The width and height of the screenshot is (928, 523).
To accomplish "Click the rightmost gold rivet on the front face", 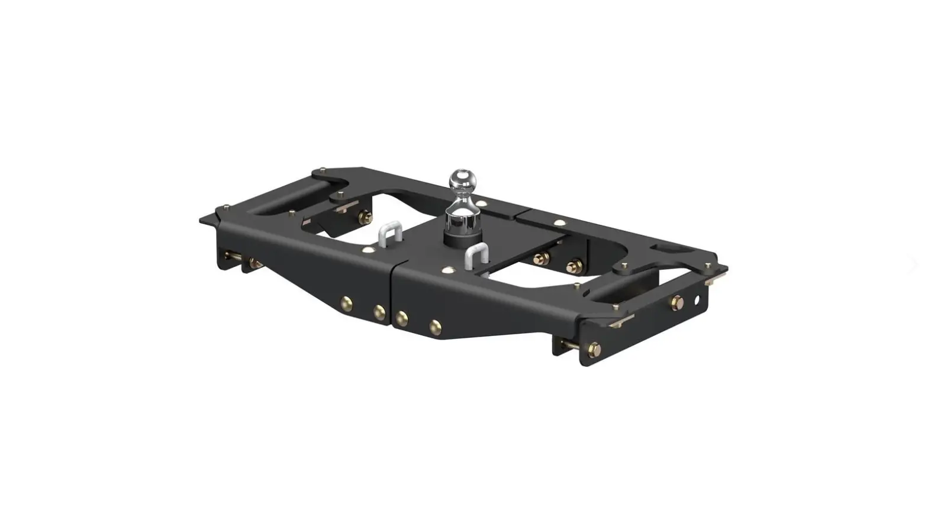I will (436, 325).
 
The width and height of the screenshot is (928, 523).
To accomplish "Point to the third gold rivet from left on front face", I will (402, 318).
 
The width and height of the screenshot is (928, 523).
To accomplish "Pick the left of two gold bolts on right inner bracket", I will (540, 259).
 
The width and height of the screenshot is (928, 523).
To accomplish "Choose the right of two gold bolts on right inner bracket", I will (573, 266).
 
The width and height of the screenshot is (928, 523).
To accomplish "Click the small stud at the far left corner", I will (225, 208).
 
